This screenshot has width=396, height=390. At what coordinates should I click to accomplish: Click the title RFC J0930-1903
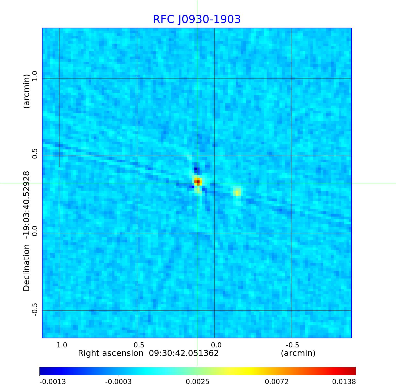pos(197,19)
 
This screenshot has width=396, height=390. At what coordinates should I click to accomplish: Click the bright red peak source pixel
pos(197,182)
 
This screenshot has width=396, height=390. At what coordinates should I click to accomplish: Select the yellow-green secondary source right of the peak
pos(237,192)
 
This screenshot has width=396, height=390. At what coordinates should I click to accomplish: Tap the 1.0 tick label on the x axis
pos(62,345)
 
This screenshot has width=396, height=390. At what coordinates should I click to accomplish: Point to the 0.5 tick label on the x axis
pos(139,345)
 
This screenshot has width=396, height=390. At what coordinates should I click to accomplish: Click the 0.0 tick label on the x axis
pos(216,345)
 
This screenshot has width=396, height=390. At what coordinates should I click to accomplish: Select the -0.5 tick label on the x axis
pos(292,345)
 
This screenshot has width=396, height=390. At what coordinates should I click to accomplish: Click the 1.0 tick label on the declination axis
pos(35,76)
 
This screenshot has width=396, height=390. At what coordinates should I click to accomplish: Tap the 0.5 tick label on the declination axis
pos(35,154)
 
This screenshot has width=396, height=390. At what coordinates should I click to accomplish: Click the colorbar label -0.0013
pos(53,382)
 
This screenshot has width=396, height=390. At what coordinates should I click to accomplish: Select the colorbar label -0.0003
pos(118,382)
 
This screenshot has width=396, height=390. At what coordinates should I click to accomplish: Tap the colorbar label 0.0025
pos(198,382)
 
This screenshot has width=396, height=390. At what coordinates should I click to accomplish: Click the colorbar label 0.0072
pos(277,382)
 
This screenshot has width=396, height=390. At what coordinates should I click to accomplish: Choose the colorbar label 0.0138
pos(344,382)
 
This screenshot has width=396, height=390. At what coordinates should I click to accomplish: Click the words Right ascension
pos(110,353)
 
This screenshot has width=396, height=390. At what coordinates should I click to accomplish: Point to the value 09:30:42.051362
pos(184,353)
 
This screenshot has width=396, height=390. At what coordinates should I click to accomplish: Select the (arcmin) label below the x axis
pos(298,353)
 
